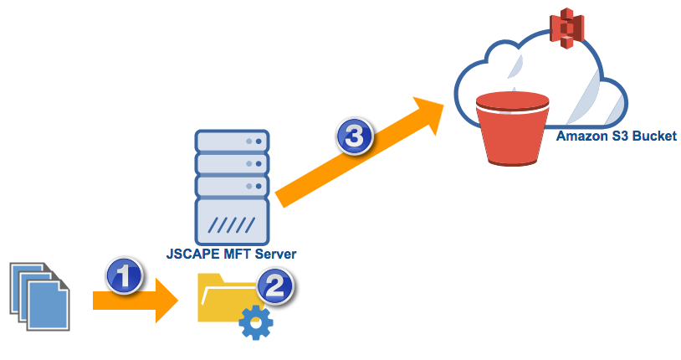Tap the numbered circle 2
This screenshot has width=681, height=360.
pyautogui.click(x=276, y=286)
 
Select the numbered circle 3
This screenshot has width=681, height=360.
pyautogui.click(x=354, y=136)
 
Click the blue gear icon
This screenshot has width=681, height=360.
pyautogui.click(x=256, y=322)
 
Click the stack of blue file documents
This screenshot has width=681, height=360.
pyautogui.click(x=39, y=295)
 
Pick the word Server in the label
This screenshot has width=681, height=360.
pyautogui.click(x=275, y=254)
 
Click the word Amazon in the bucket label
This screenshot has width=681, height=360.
pyautogui.click(x=580, y=136)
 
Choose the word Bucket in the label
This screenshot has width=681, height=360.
pyautogui.click(x=657, y=136)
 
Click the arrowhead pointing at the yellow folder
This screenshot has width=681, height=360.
pyautogui.click(x=168, y=301)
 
